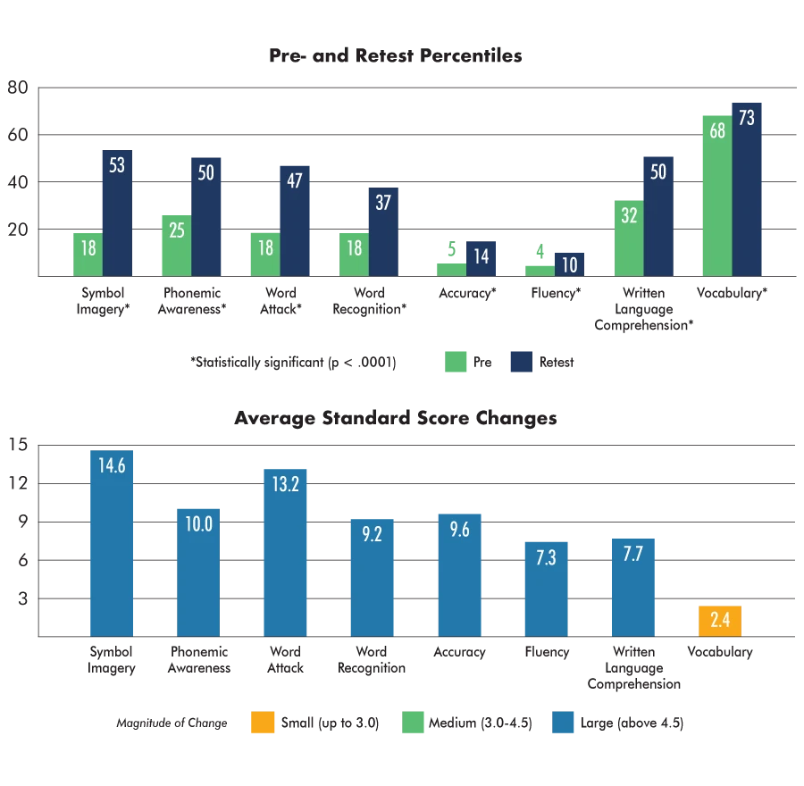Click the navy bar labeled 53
pos(117,214)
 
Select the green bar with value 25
pos(175,246)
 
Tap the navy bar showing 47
pos(296,222)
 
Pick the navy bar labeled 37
pos(382,232)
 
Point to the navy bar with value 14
pos(482,257)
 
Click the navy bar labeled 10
pos(568,263)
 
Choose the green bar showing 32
pos(629,238)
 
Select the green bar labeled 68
pos(716,196)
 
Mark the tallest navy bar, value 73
pos(747,189)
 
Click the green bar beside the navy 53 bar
pos(88,254)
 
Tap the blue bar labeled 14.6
pos(111,545)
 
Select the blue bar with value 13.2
pos(282,552)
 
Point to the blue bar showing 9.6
pos(460,574)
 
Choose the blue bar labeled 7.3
pos(546,588)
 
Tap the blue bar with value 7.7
pos(632,587)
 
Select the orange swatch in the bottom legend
pos(264,722)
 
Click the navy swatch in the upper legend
pos(521,364)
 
